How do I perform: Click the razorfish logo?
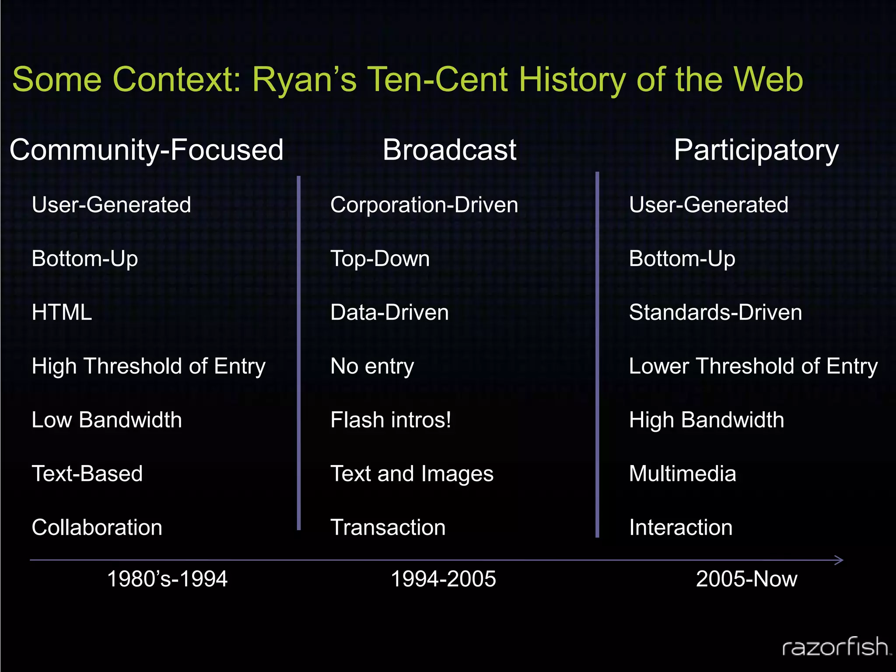point(836,647)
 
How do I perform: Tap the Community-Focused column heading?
point(147,150)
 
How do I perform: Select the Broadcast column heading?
point(449,150)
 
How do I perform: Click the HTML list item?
point(62,312)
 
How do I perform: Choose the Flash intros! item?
point(391,420)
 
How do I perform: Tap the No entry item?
point(372,366)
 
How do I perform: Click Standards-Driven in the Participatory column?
point(715,312)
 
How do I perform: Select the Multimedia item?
point(682,474)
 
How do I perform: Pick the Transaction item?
point(388,527)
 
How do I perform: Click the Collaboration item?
point(97,527)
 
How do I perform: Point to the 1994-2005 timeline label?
point(443,579)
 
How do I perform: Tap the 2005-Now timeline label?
point(746,579)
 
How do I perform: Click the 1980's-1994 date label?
point(167,579)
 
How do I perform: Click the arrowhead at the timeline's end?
point(839,560)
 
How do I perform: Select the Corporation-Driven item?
point(424,205)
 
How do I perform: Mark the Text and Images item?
point(412,474)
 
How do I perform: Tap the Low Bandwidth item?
point(107,420)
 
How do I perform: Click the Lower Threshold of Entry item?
point(753,366)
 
